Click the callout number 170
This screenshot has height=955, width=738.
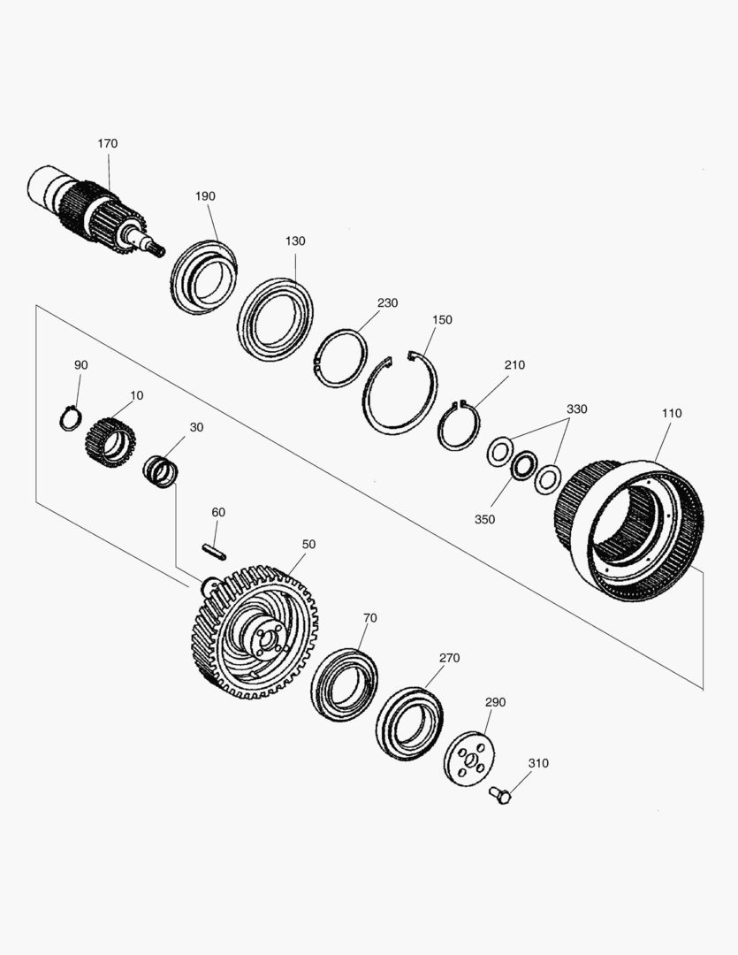click(107, 144)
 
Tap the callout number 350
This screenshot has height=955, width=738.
click(484, 520)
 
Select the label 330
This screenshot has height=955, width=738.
click(576, 409)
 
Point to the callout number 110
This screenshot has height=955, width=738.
click(672, 413)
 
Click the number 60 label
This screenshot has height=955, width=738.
click(218, 512)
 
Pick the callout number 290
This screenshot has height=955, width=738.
click(495, 702)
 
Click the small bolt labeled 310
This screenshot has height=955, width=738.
click(500, 795)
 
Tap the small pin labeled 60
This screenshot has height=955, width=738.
click(215, 552)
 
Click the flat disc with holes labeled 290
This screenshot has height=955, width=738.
click(470, 760)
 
